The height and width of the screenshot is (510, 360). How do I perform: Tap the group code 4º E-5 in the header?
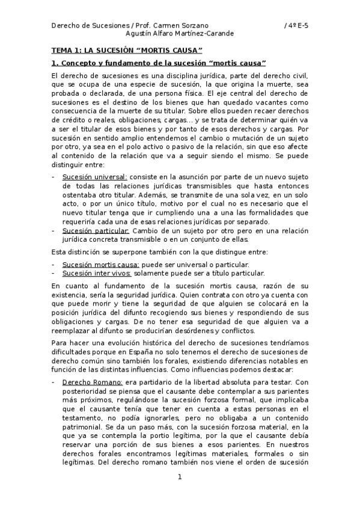pos(296,25)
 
